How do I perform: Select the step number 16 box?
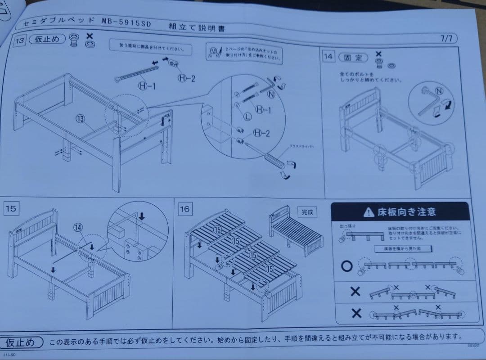(185, 209)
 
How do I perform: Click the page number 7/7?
(446, 39)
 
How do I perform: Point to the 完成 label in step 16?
(307, 211)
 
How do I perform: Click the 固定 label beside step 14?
(353, 58)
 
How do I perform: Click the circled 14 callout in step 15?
(78, 228)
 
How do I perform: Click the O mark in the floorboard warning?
(346, 266)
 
